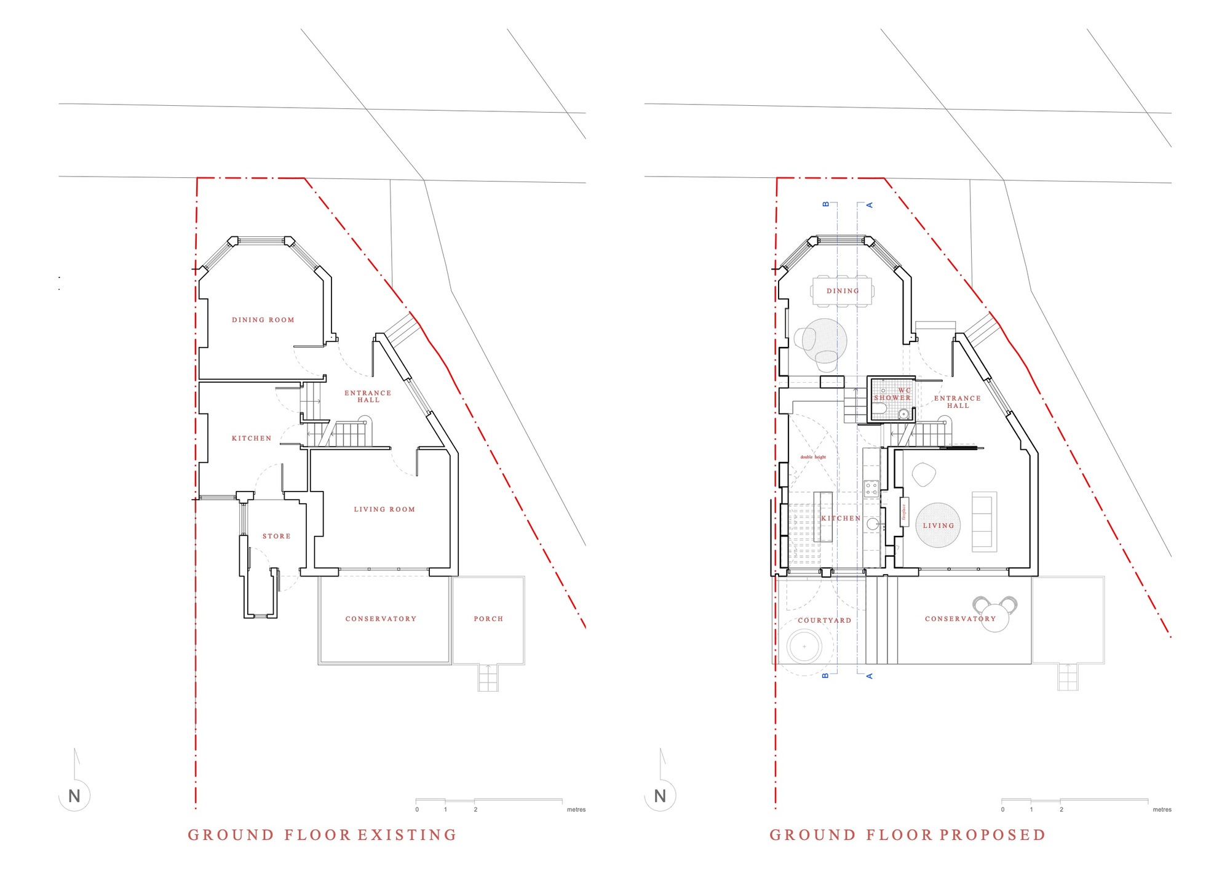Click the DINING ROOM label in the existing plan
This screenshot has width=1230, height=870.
(263, 320)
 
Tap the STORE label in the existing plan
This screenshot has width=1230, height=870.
(276, 537)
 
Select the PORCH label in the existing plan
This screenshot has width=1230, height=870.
(488, 619)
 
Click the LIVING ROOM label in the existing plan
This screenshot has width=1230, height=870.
(384, 509)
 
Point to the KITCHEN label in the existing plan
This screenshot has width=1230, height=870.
(251, 439)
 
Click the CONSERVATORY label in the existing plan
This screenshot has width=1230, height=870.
(381, 619)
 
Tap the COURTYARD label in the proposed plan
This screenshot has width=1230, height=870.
(824, 620)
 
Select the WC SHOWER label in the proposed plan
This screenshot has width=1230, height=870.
(892, 394)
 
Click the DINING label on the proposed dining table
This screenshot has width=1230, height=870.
(843, 291)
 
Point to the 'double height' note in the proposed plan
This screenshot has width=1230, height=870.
(813, 457)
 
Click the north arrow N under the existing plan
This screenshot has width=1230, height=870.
(74, 796)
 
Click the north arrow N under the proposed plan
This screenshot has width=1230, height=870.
(660, 796)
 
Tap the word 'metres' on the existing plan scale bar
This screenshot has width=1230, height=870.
(576, 810)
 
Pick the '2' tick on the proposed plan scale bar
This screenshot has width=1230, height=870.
(1061, 810)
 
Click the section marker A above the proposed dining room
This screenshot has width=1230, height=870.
(870, 205)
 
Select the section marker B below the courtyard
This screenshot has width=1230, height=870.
(825, 676)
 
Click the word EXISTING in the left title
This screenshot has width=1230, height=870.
(407, 835)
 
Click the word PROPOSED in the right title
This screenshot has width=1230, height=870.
(992, 835)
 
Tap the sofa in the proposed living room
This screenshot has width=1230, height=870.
(984, 522)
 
